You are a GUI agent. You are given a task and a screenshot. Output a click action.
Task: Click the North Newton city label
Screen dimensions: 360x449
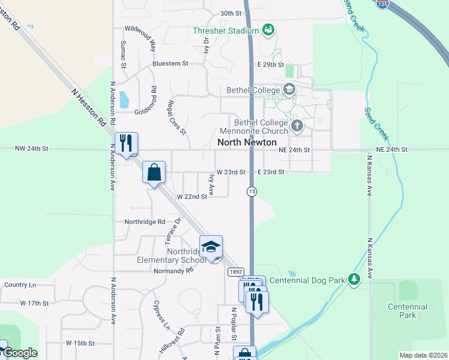click(x=247, y=143)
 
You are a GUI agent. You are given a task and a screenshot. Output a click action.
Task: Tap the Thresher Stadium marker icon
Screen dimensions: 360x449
click(x=268, y=30)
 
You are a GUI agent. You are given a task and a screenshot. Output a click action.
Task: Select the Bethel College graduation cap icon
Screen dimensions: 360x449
click(x=289, y=90)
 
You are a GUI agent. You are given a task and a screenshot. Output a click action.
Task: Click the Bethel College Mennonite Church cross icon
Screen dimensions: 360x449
click(x=297, y=126)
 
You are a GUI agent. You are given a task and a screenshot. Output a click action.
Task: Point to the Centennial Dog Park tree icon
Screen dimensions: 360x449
click(x=354, y=280)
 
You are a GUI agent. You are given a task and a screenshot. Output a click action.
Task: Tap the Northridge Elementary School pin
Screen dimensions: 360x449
click(x=211, y=247)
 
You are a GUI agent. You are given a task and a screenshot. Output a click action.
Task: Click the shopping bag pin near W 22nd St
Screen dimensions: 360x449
click(x=154, y=172)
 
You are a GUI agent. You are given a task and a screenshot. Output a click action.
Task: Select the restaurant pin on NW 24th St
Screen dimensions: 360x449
click(x=126, y=143)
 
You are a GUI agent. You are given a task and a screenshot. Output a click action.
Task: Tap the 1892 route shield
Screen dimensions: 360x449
click(x=236, y=272)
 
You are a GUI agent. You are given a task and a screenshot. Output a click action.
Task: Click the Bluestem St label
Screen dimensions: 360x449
click(x=170, y=63)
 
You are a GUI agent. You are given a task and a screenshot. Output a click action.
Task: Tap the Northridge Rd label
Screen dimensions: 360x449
click(x=145, y=221)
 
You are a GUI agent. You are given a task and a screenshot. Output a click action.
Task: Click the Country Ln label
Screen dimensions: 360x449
click(x=20, y=284)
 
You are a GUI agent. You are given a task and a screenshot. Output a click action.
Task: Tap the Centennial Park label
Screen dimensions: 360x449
click(x=407, y=311)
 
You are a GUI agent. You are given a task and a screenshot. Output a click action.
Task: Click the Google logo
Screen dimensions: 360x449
click(x=20, y=353)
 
